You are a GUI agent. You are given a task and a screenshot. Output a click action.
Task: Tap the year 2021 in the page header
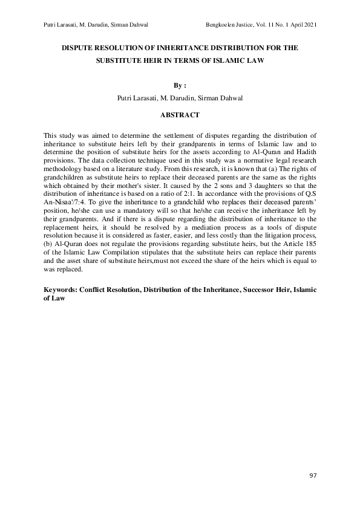(308, 24)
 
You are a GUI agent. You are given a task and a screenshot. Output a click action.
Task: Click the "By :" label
(180, 85)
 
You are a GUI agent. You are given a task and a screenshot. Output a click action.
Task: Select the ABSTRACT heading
(180, 114)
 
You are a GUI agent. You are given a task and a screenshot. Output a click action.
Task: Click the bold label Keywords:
(64, 290)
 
